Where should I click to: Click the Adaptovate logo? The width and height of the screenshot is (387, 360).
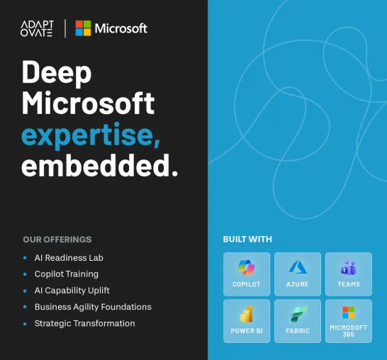[x=37, y=28]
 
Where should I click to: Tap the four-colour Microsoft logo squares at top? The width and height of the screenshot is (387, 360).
[x=83, y=28]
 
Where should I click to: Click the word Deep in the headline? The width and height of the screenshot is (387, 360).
[x=57, y=72]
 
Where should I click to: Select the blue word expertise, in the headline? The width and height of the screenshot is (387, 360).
[x=91, y=135]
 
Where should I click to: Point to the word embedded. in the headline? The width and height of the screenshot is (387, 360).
[x=100, y=165]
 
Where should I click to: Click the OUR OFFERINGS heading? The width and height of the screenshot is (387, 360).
[x=57, y=240]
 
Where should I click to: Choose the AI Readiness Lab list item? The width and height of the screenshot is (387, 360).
[x=69, y=258]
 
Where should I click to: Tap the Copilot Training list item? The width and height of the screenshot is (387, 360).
[x=67, y=274]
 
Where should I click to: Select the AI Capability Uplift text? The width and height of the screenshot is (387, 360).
[x=72, y=291]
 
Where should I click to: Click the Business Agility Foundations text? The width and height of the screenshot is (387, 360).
[x=93, y=307]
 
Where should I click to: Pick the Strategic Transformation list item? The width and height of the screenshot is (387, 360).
[x=84, y=323]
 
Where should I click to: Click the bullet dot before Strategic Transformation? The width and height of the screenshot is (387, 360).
[x=25, y=324]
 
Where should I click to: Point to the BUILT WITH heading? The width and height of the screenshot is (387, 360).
[x=247, y=239]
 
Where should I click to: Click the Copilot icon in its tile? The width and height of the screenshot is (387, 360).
[x=247, y=267]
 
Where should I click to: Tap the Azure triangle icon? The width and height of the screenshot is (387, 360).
[x=298, y=267]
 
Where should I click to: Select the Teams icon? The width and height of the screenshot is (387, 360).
[x=349, y=267]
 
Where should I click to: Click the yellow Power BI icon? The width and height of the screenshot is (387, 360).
[x=247, y=314]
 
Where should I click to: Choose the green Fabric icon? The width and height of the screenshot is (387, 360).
[x=298, y=314]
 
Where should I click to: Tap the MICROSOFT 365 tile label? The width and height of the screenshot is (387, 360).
[x=349, y=331]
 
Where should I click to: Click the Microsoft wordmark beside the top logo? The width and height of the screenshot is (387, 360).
[x=121, y=28]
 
